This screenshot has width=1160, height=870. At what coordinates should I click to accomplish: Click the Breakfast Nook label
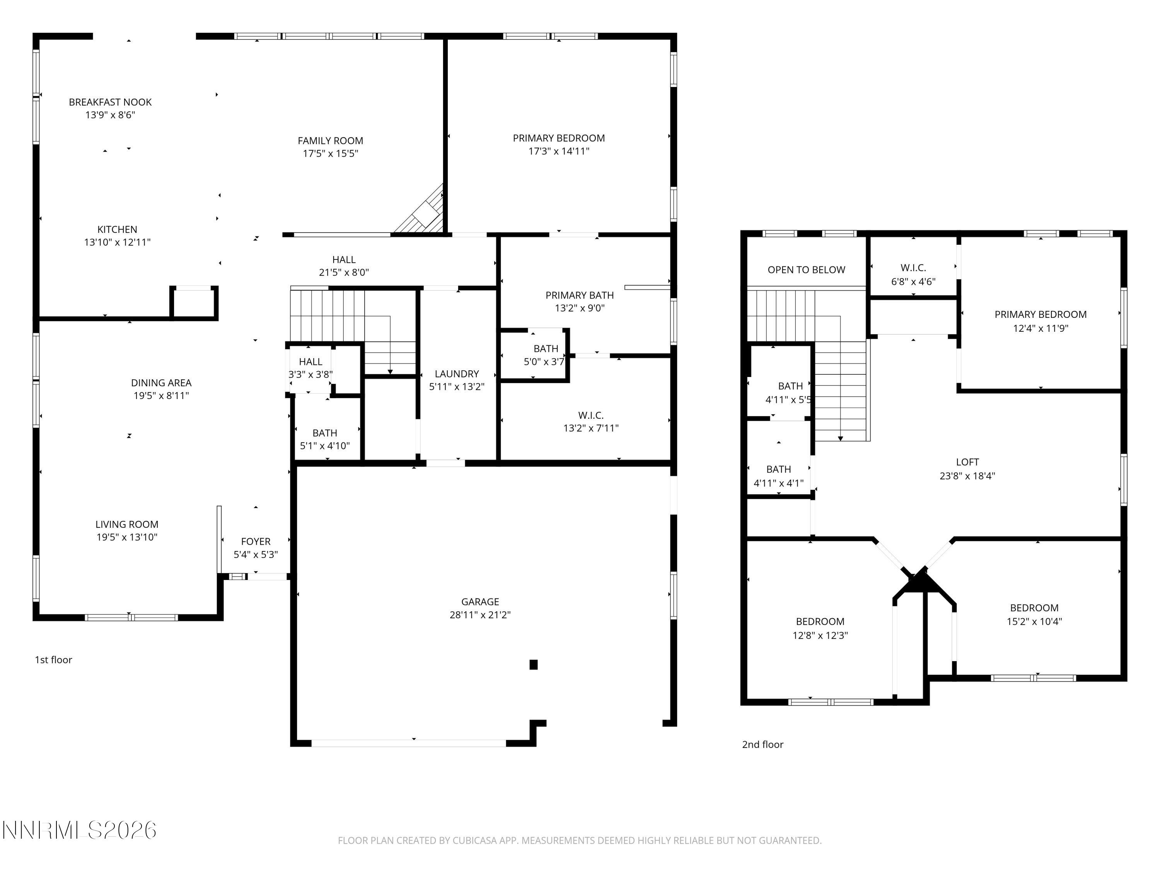(110, 102)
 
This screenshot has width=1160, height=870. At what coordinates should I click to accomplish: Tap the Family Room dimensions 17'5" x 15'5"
(330, 154)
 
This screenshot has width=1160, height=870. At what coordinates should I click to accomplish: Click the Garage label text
(480, 602)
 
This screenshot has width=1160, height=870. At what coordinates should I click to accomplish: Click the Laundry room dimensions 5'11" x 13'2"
(456, 387)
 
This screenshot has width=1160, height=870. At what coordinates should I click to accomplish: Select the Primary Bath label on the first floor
(580, 295)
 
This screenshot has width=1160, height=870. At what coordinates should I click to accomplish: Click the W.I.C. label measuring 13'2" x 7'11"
(590, 415)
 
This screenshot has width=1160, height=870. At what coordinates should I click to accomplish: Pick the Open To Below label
(806, 270)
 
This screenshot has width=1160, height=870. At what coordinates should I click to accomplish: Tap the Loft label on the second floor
(967, 462)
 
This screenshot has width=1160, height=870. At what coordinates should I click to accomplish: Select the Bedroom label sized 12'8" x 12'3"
(820, 621)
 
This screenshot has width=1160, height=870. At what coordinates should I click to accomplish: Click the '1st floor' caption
(53, 660)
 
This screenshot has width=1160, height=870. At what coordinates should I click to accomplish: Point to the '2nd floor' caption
(763, 745)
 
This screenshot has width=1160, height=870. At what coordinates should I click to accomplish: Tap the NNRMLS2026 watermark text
(80, 831)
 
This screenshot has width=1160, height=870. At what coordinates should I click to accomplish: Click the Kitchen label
(117, 229)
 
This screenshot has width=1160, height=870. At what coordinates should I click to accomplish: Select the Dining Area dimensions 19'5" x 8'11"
(161, 396)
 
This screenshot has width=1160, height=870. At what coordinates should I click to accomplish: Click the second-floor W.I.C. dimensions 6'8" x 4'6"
(913, 281)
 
